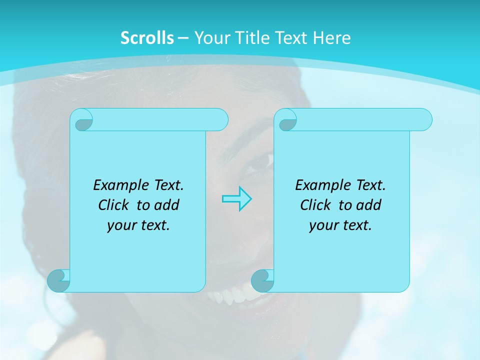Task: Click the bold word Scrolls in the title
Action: point(147,38)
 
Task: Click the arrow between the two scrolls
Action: point(236,199)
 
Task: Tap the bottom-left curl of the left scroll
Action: point(58,281)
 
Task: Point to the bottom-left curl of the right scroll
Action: point(262,281)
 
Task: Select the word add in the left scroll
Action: point(167,205)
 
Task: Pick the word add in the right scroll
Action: point(369,205)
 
